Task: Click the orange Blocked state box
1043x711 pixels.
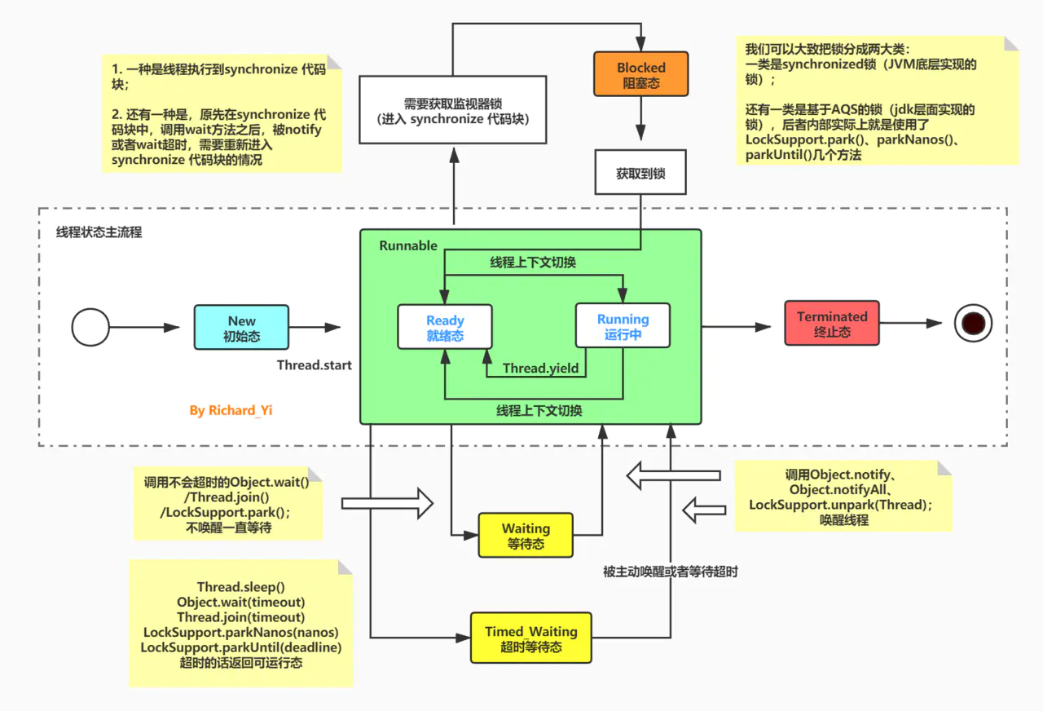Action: coord(640,74)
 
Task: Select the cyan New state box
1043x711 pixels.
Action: coord(241,328)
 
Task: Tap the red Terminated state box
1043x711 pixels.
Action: coord(832,324)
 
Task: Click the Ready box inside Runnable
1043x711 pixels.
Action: coord(445,327)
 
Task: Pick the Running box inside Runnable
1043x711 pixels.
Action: coord(623,326)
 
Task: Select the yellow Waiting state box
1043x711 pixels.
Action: coord(526,536)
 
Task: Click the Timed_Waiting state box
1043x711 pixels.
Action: coord(530,638)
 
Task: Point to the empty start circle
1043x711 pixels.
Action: coord(90,328)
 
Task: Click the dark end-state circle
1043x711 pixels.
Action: coord(973,323)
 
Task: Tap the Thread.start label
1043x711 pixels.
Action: coord(315,364)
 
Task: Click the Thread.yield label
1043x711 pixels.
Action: coord(540,369)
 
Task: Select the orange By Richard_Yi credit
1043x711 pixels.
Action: coord(231,410)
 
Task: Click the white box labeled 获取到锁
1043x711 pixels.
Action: coord(640,174)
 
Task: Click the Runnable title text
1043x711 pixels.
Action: coord(408,245)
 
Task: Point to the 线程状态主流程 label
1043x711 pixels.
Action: coord(99,232)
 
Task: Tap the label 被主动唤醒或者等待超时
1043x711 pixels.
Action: coord(670,572)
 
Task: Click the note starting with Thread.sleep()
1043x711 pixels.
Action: coord(240,624)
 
